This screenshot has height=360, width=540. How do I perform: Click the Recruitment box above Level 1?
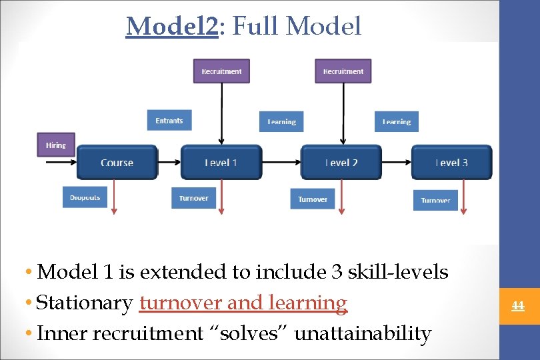[221, 71]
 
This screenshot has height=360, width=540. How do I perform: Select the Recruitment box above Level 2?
[343, 71]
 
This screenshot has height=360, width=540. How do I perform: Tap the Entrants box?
[169, 121]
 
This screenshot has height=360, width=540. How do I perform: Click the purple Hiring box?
[56, 145]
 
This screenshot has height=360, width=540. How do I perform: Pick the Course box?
[117, 163]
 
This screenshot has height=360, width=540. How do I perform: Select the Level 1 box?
[221, 163]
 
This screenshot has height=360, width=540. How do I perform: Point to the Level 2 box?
[341, 163]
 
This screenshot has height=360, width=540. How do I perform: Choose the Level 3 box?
[451, 163]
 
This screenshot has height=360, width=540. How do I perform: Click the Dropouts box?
[85, 197]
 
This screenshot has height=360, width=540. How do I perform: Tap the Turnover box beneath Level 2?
[313, 199]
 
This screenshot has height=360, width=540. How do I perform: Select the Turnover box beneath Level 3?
[435, 200]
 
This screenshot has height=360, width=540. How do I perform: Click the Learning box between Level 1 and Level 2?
[281, 121]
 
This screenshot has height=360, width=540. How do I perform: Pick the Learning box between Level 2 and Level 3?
[396, 121]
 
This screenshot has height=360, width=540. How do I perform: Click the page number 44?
[517, 306]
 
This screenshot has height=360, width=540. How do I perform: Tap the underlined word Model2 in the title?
[172, 27]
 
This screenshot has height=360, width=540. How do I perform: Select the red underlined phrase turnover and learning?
[243, 303]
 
